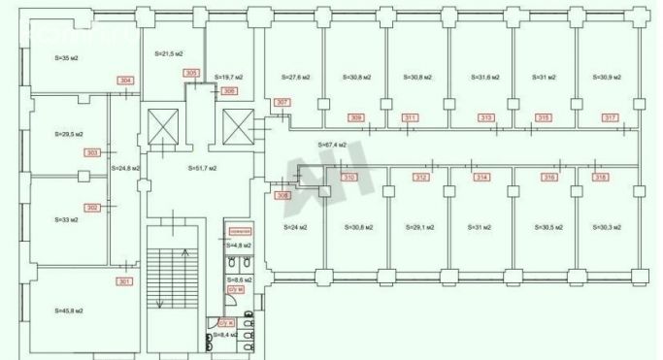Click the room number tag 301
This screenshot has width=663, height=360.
pyautogui.click(x=123, y=282)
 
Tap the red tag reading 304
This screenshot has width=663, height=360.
pyautogui.click(x=124, y=80)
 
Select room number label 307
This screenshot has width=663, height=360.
pyautogui.click(x=282, y=103)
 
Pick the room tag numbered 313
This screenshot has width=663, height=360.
pyautogui.click(x=484, y=117)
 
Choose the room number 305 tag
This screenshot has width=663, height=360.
pyautogui.click(x=191, y=74)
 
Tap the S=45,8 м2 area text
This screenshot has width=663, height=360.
pyautogui.click(x=64, y=311)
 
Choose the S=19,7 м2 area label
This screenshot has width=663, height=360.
pyautogui.click(x=228, y=76)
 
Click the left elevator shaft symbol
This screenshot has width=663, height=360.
pyautogui.click(x=162, y=126)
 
